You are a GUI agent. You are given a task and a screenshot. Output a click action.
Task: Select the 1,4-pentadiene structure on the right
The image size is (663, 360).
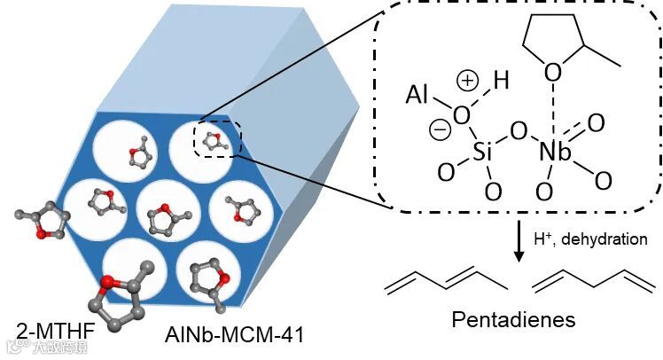pyautogui.click(x=593, y=284)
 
